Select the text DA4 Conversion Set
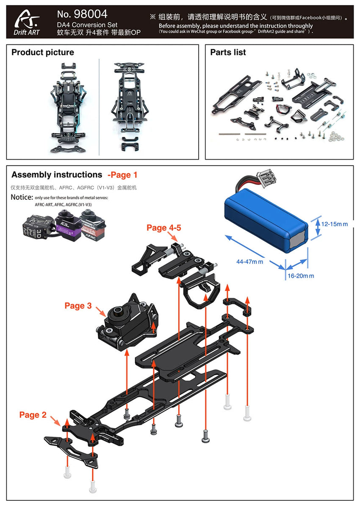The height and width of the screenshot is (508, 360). click(87, 25)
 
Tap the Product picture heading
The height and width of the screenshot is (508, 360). click(42, 52)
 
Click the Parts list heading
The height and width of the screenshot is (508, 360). click(228, 52)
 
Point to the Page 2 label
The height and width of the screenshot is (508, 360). click(33, 415)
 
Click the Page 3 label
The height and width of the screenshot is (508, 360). click(78, 306)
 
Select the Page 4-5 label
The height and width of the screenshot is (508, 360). click(163, 228)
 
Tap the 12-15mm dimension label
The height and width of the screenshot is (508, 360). click(334, 224)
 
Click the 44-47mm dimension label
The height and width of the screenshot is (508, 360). click(249, 262)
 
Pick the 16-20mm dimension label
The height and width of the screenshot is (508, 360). click(301, 276)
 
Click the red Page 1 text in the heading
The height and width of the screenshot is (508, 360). click(122, 175)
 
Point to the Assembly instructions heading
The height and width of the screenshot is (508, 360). click(57, 175)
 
